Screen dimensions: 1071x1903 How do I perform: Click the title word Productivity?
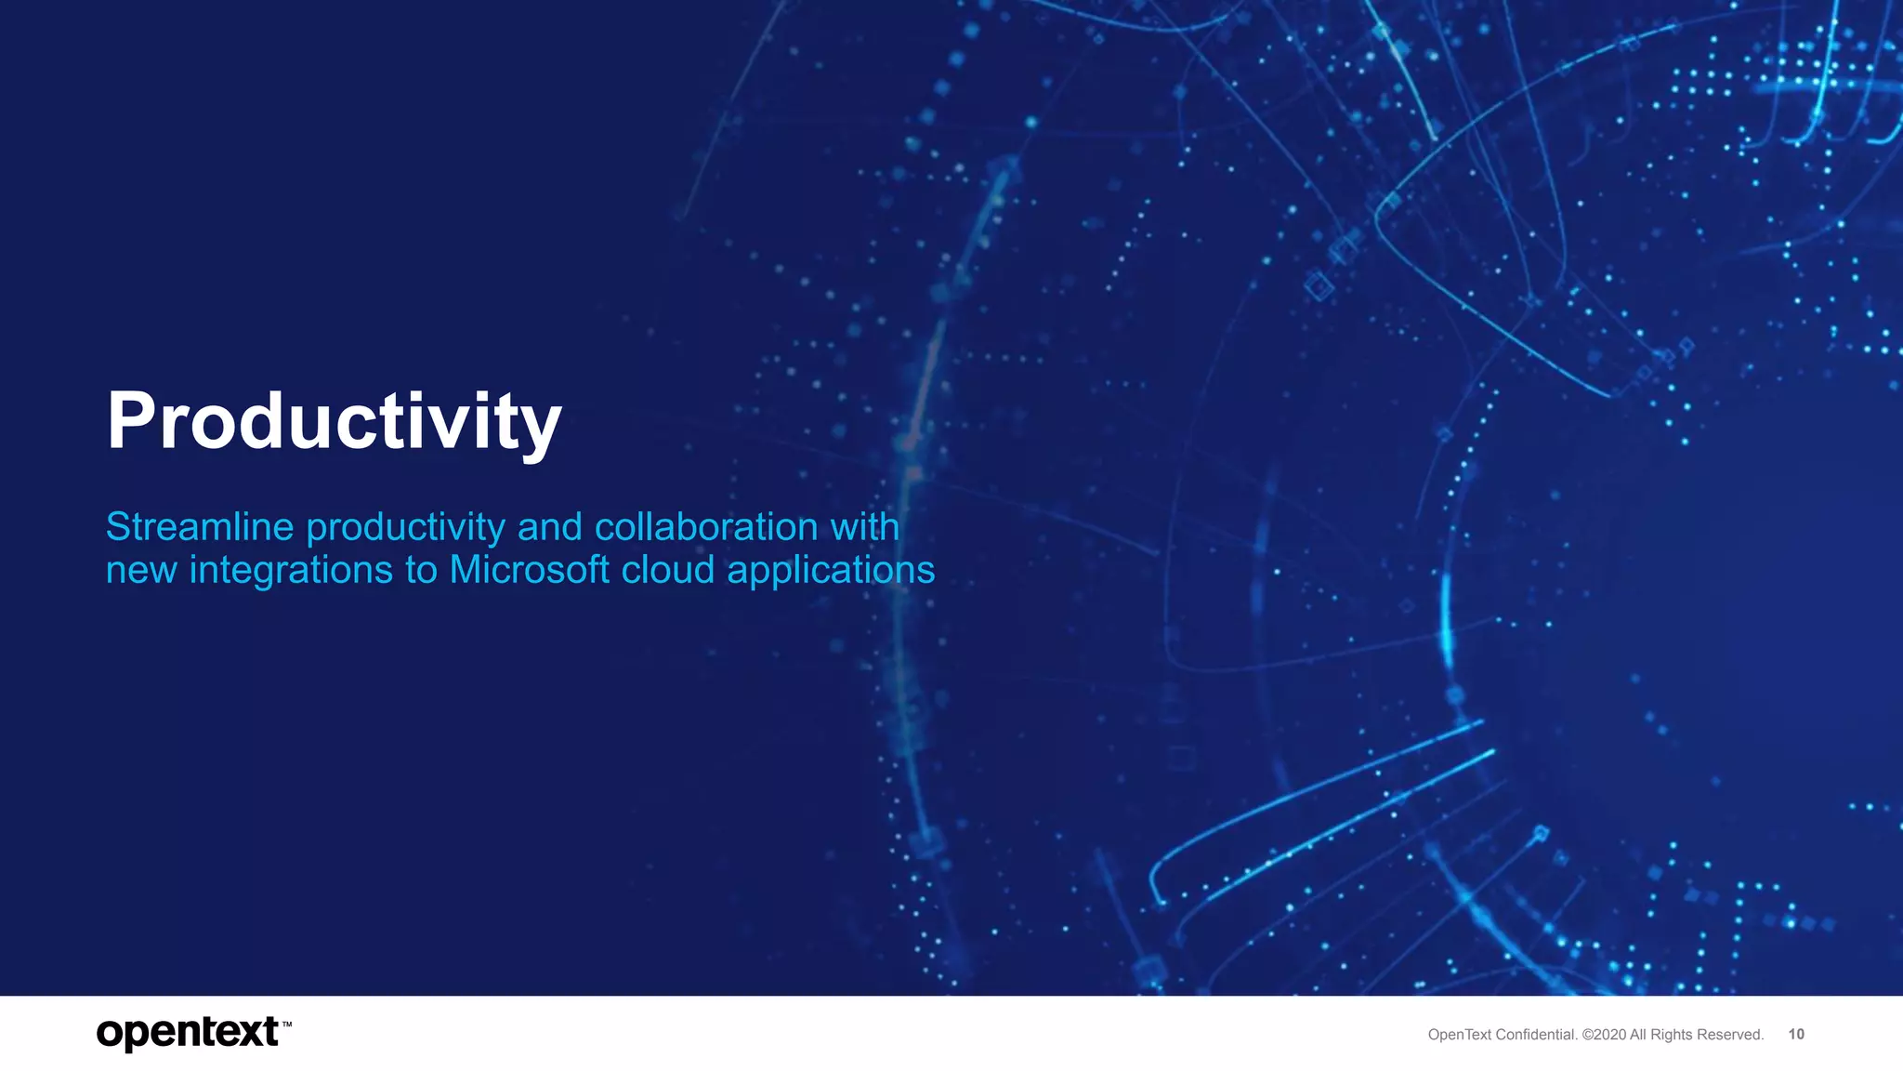tap(334, 421)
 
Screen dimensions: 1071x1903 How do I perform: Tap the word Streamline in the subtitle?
tap(200, 527)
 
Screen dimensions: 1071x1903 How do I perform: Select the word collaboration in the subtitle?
tap(706, 527)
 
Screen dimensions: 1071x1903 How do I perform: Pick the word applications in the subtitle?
tap(831, 571)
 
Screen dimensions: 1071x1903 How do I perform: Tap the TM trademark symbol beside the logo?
tap(287, 1025)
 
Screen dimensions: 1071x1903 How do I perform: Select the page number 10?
tap(1796, 1034)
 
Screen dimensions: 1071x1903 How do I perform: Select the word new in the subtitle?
tap(141, 571)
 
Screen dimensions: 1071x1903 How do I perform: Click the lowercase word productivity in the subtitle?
tap(405, 528)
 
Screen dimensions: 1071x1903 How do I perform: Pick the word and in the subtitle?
tap(550, 527)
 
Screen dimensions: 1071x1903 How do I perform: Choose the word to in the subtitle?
tap(421, 570)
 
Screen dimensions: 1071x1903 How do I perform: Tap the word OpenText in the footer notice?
tap(1459, 1035)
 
